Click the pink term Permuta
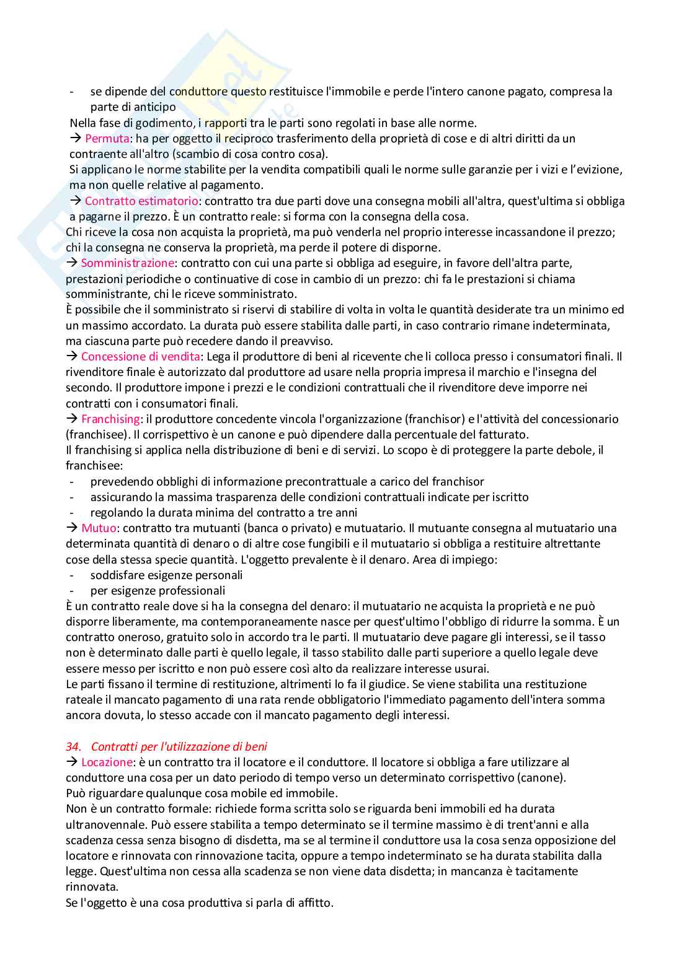(x=107, y=138)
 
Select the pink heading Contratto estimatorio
(x=141, y=201)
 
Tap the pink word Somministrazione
(x=128, y=263)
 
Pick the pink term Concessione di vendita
(x=140, y=356)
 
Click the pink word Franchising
(x=110, y=419)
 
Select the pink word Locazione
(x=107, y=762)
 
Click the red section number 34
(x=73, y=746)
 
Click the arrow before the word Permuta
(x=76, y=138)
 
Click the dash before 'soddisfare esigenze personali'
(x=73, y=575)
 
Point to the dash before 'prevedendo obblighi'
(x=73, y=481)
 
